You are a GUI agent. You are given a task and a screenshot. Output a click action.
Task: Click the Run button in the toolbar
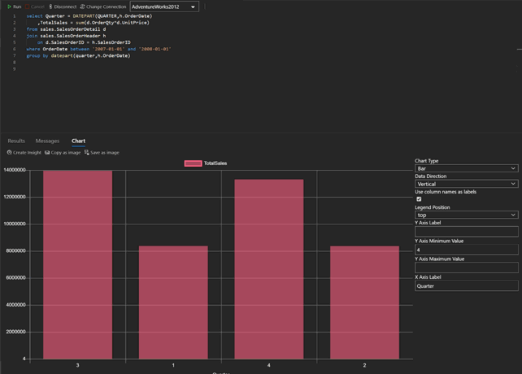[x=14, y=7]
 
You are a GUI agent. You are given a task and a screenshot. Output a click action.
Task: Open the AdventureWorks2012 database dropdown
[x=164, y=7]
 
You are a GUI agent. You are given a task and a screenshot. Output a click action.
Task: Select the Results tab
[x=16, y=141]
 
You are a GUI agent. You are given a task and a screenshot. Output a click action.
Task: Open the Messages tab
[x=47, y=141]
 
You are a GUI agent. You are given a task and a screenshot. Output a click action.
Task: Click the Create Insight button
[x=24, y=153]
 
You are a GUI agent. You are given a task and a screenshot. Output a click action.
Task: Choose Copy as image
[x=63, y=153]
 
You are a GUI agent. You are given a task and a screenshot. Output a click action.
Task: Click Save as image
[x=102, y=153]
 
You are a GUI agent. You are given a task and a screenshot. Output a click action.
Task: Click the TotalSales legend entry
[x=206, y=163]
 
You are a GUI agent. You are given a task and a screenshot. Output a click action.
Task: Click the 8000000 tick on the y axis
[x=15, y=250]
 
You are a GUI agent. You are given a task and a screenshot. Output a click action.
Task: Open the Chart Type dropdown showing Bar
[x=466, y=168]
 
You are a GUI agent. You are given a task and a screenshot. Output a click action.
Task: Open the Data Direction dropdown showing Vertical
[x=466, y=184]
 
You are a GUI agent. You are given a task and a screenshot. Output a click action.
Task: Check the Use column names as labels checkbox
[x=419, y=199]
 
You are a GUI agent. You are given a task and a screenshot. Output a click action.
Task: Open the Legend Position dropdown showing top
[x=466, y=215]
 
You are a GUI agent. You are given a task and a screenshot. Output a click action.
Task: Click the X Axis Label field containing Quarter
[x=466, y=286]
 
